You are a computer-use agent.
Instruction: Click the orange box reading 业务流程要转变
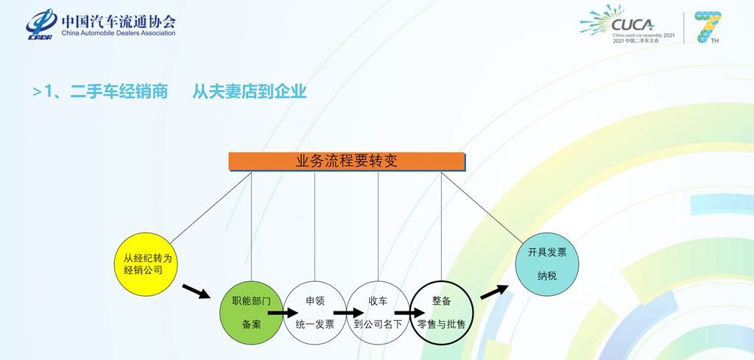(x=347, y=161)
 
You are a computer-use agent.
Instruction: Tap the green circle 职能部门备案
(x=252, y=312)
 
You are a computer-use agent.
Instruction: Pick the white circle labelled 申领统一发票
(x=315, y=312)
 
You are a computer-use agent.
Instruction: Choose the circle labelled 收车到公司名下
(x=378, y=312)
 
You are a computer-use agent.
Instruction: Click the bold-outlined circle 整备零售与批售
(x=441, y=312)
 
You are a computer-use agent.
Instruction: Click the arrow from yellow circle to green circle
(x=195, y=291)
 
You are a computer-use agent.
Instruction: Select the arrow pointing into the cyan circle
(x=495, y=292)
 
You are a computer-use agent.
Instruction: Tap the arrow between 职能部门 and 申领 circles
(x=282, y=313)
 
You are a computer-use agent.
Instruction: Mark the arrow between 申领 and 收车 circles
(x=346, y=313)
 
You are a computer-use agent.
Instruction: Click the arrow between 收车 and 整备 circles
(x=409, y=313)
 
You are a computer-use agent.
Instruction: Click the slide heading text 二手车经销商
(x=119, y=92)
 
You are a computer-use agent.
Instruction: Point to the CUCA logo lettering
(x=633, y=24)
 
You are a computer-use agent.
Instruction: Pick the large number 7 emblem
(x=708, y=27)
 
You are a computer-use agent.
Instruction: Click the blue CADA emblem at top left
(x=40, y=24)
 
